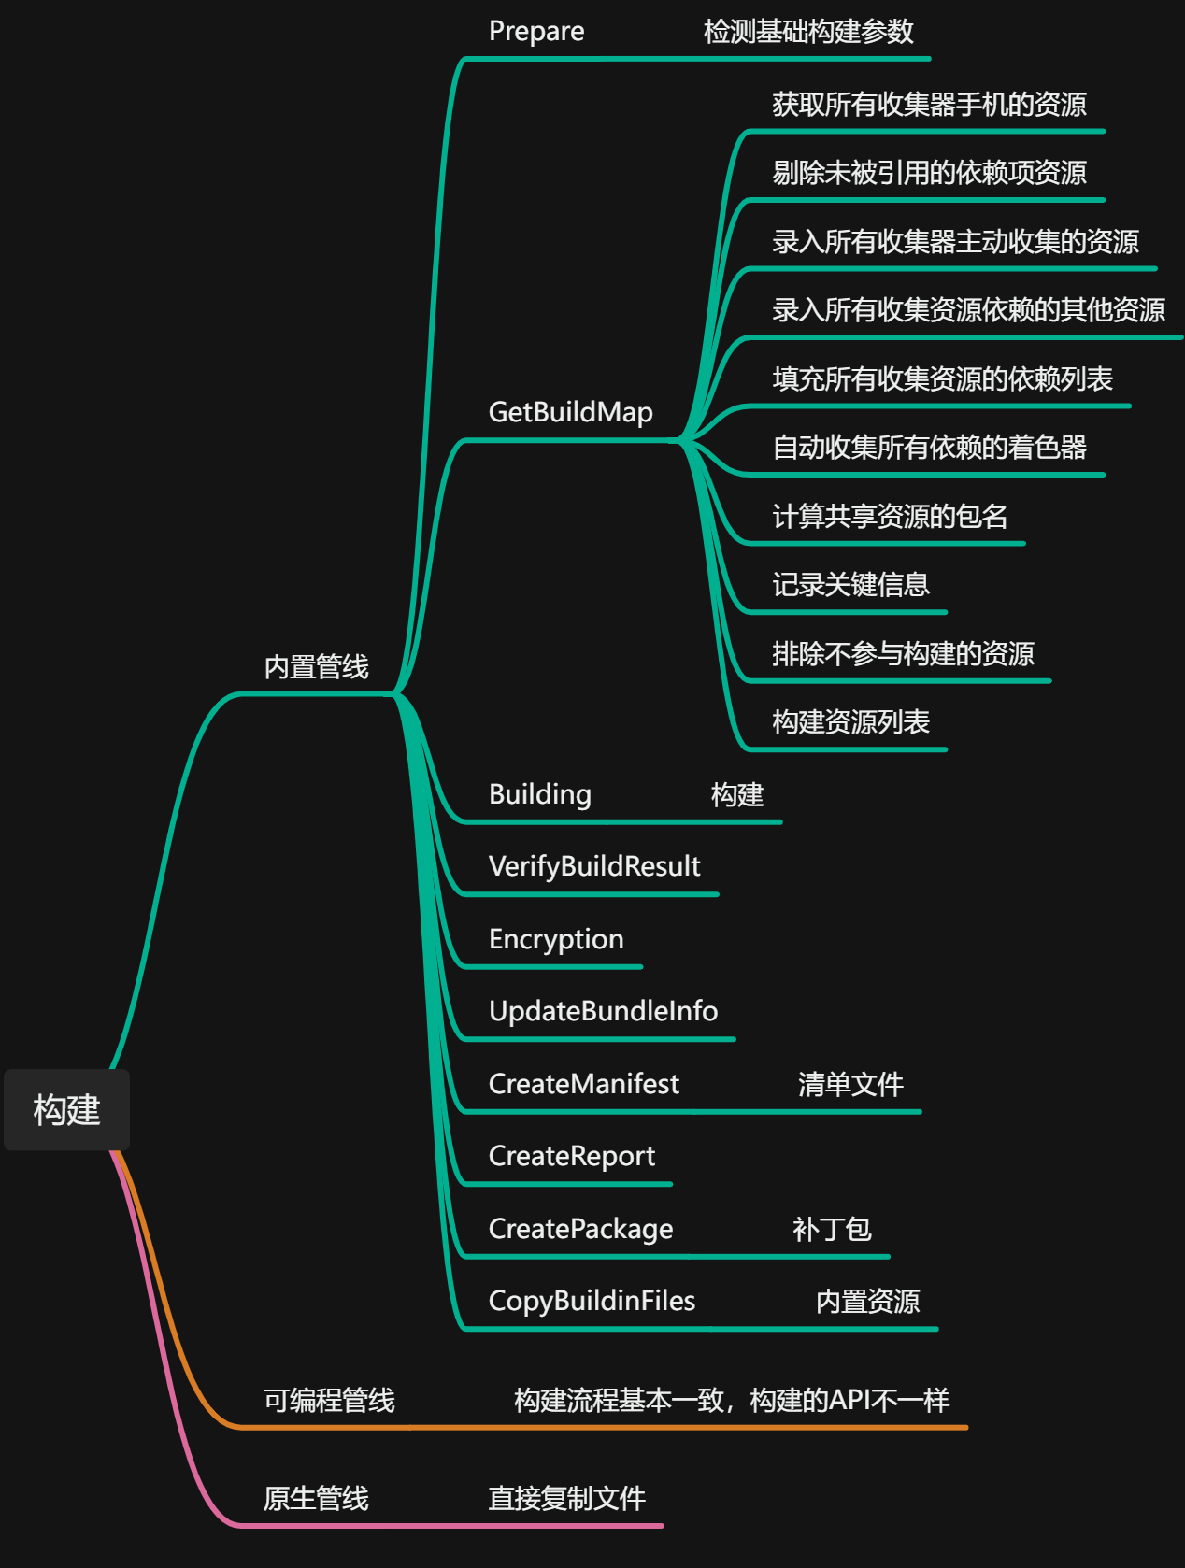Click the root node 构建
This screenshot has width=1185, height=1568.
coord(66,1109)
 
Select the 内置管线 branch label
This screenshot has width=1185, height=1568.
coord(317,667)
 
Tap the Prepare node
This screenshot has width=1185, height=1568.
coord(536,32)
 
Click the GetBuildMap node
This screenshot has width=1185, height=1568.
coord(571,413)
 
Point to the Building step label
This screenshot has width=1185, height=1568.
coord(540,794)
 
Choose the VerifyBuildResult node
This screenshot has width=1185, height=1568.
coord(594,866)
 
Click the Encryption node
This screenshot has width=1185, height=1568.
coord(556,939)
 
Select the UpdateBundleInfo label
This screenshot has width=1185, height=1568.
coord(603,1011)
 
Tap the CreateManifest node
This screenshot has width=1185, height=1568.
coord(583,1084)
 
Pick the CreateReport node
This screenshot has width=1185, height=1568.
coord(571,1157)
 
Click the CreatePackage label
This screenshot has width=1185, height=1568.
coord(580,1230)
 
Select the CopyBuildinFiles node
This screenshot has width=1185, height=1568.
coord(592,1301)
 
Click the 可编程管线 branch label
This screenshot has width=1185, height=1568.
coord(329,1400)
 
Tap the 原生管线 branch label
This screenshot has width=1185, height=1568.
coord(317,1499)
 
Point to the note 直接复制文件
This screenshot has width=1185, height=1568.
coord(567,1499)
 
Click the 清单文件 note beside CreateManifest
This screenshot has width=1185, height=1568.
coord(850,1084)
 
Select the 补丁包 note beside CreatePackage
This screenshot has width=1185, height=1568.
coord(832,1230)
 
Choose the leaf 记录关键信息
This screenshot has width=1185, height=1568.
coord(850,585)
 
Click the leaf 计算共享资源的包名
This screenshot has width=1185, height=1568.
coord(890,517)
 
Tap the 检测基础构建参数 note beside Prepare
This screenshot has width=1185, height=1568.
coord(808,32)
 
